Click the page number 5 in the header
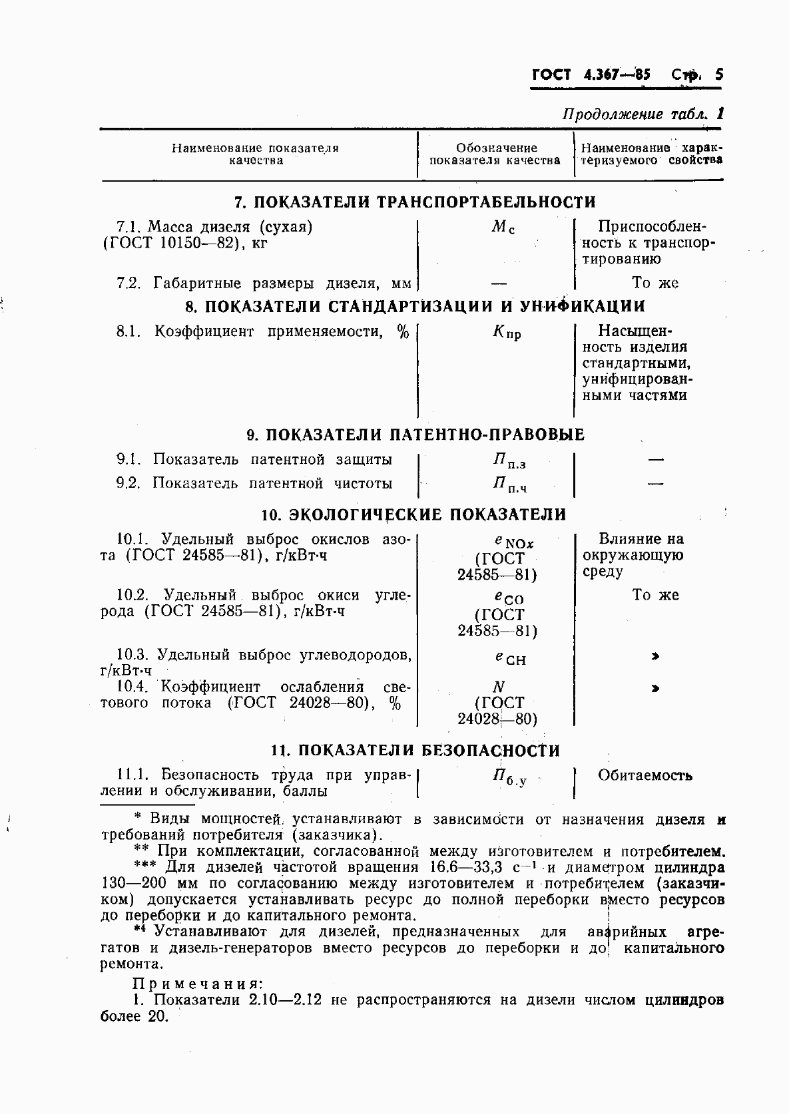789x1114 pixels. click(718, 75)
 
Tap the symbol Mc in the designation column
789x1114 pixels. click(503, 228)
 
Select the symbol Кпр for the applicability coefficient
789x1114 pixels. click(507, 332)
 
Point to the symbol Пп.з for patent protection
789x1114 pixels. click(509, 461)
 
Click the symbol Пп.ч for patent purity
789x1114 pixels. click(509, 485)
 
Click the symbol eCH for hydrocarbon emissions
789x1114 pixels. click(509, 658)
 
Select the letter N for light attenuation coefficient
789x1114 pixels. click(498, 687)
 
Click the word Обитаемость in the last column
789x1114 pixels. click(645, 776)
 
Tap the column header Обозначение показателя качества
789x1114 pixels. click(495, 154)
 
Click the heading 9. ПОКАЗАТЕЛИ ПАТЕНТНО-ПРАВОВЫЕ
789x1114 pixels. click(415, 435)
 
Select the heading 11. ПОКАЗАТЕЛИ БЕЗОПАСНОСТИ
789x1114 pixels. click(415, 751)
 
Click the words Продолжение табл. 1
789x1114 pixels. click(643, 114)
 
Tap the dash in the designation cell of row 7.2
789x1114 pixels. click(499, 283)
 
